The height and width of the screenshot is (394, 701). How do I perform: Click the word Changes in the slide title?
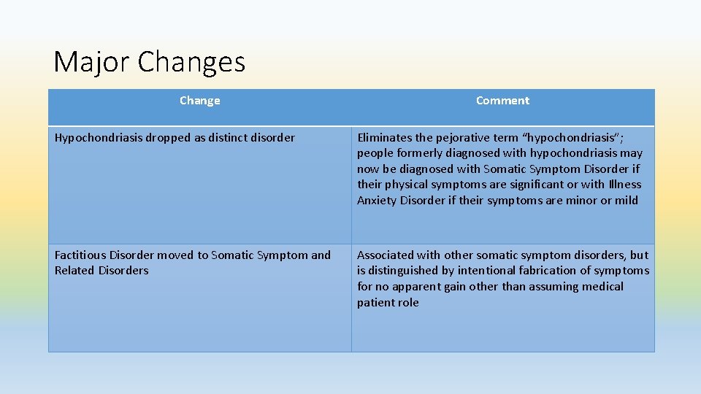191,62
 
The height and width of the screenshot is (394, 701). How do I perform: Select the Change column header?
199,101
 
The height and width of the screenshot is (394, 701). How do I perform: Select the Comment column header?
502,101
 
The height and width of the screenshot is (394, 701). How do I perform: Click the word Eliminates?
384,137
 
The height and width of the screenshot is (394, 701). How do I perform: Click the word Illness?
622,185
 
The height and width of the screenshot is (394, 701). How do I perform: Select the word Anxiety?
377,201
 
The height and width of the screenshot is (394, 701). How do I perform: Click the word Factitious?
80,255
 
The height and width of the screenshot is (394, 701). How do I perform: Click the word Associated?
386,255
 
